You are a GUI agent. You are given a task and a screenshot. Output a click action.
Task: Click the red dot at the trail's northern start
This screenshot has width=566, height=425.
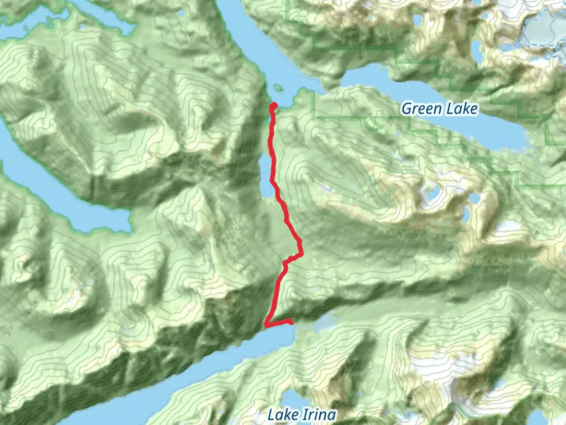[x=273, y=105]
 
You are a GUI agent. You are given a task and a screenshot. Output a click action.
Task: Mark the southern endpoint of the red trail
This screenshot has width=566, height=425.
[x=291, y=323]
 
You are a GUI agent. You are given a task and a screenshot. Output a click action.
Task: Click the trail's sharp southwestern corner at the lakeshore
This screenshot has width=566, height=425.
[x=266, y=325]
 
